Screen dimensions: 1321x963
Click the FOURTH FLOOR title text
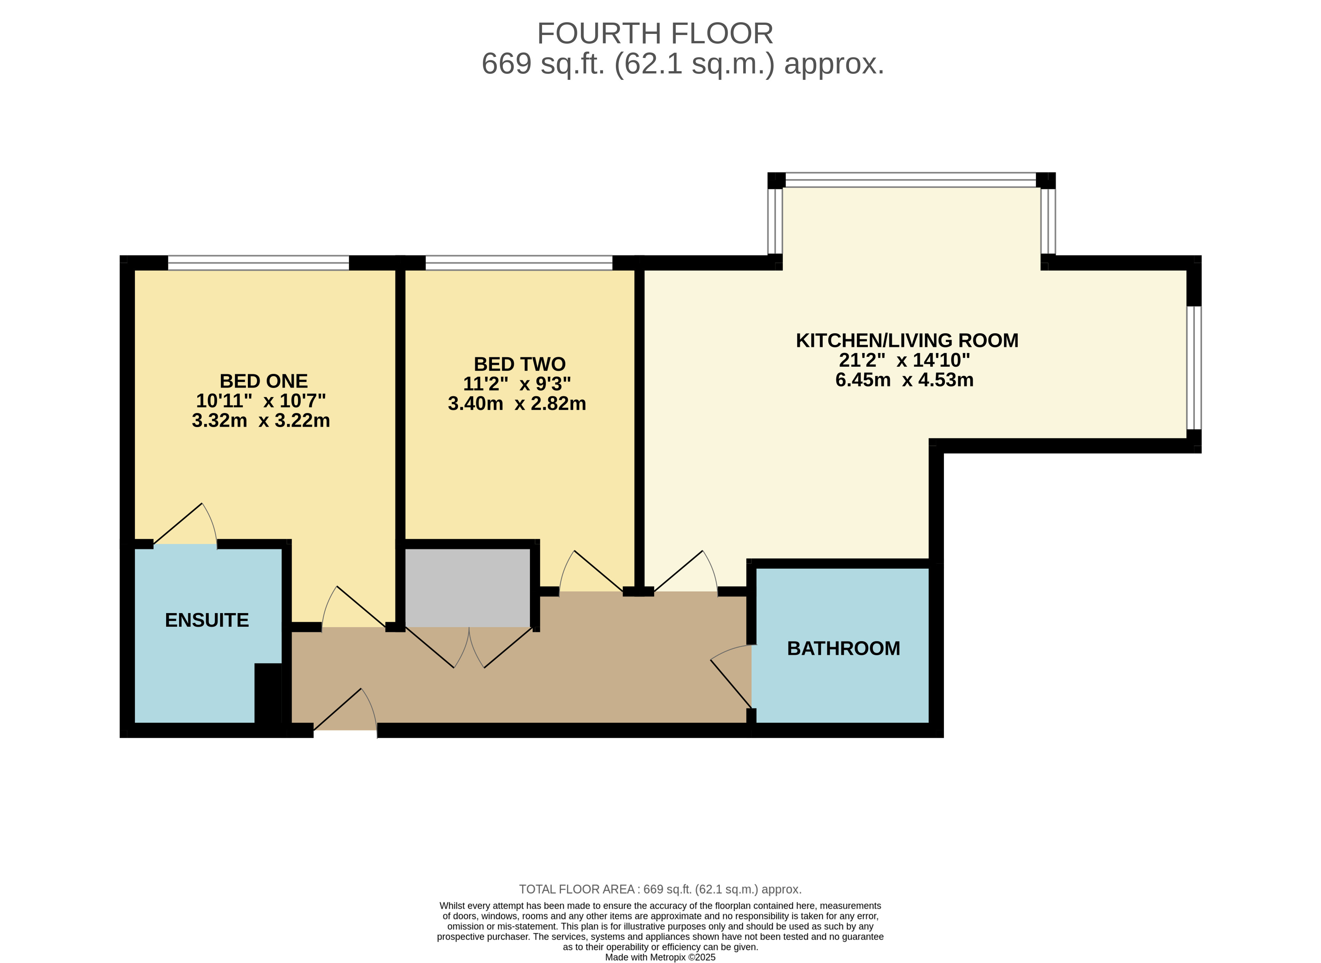point(655,34)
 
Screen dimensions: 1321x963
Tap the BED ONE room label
point(264,381)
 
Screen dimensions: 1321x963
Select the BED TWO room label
point(519,364)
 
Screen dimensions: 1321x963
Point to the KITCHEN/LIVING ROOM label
point(907,340)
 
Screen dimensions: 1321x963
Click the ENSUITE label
point(207,620)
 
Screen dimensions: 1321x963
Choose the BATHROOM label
point(843,649)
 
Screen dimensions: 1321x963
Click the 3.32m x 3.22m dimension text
point(261,421)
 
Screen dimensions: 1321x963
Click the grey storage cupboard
point(467,588)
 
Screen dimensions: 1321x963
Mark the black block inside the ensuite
point(268,694)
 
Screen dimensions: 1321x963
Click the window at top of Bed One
point(259,263)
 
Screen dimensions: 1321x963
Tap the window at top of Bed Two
point(519,263)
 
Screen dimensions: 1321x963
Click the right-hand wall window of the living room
point(1194,368)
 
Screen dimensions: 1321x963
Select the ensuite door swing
point(185,525)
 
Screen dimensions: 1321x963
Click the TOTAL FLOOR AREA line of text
point(661,890)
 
